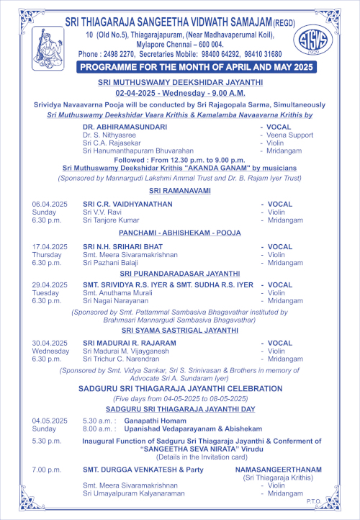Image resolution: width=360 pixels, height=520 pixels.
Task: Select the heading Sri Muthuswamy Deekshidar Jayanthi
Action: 183,83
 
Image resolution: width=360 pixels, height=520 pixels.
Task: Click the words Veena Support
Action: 290,135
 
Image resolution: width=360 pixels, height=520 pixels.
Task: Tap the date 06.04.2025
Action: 50,205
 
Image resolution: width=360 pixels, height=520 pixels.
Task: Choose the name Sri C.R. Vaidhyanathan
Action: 127,205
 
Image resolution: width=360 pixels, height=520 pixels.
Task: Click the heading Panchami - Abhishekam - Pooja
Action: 183,233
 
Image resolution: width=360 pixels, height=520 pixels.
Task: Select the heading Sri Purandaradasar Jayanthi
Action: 183,274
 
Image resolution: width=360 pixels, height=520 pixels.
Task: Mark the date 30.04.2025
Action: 50,343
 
